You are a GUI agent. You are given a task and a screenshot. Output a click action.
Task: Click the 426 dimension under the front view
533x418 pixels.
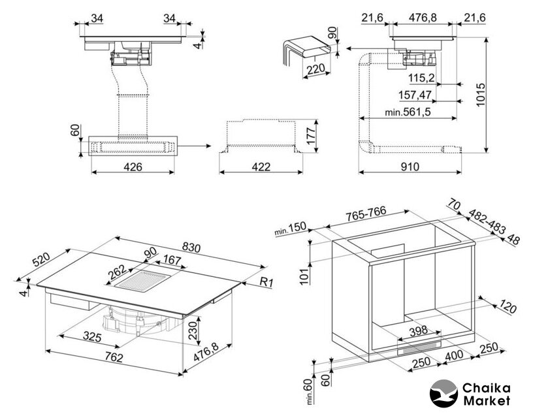pyautogui.click(x=133, y=167)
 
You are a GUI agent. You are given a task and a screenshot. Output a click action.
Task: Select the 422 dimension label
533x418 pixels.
pyautogui.click(x=261, y=167)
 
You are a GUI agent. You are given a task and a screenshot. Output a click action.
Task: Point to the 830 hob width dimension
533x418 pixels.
pyautogui.click(x=191, y=248)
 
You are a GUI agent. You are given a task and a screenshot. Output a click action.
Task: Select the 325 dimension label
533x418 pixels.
pyautogui.click(x=91, y=338)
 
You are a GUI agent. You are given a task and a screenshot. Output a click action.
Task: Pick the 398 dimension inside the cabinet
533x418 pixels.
pyautogui.click(x=419, y=331)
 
